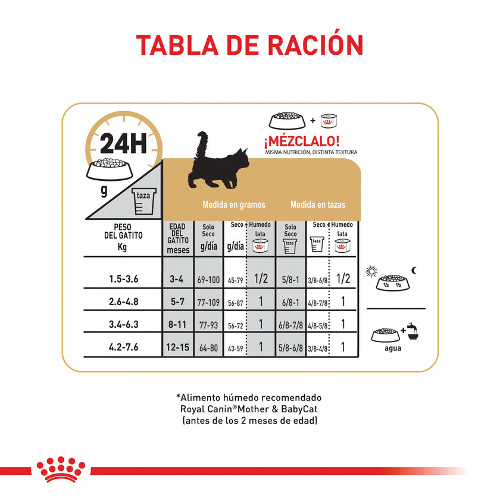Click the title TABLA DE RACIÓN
[249, 46]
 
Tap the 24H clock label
[123, 143]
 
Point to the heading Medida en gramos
[234, 205]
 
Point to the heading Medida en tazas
[318, 205]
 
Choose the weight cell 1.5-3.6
[123, 280]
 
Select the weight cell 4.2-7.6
[123, 347]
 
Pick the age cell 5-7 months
[178, 302]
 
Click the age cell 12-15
[178, 347]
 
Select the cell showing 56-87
[235, 302]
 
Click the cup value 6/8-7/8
[291, 325]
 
